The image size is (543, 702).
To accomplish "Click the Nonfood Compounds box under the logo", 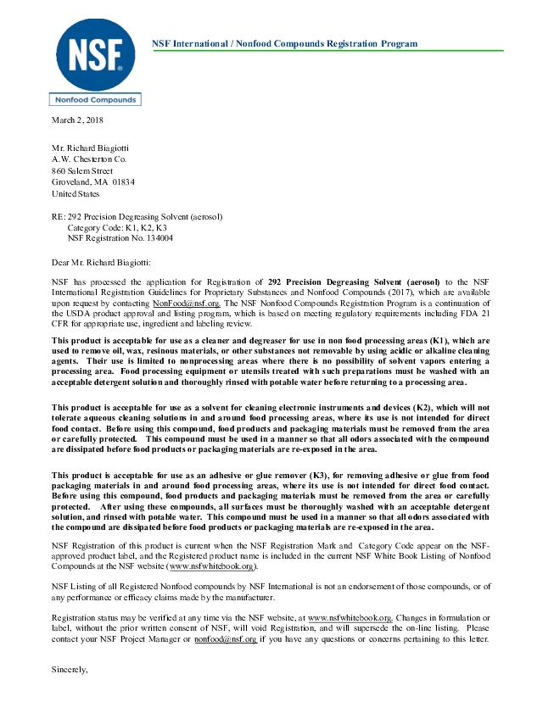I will [x=94, y=100].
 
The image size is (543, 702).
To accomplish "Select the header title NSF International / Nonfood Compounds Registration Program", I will [x=283, y=43].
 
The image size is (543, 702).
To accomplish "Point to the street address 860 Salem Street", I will [x=82, y=170].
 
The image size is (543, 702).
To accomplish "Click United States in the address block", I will [x=76, y=193].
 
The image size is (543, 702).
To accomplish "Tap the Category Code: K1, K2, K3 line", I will [x=116, y=228].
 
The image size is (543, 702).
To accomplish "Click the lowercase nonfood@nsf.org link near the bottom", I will [x=225, y=639].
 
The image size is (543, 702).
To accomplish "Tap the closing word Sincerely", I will [x=70, y=670].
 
